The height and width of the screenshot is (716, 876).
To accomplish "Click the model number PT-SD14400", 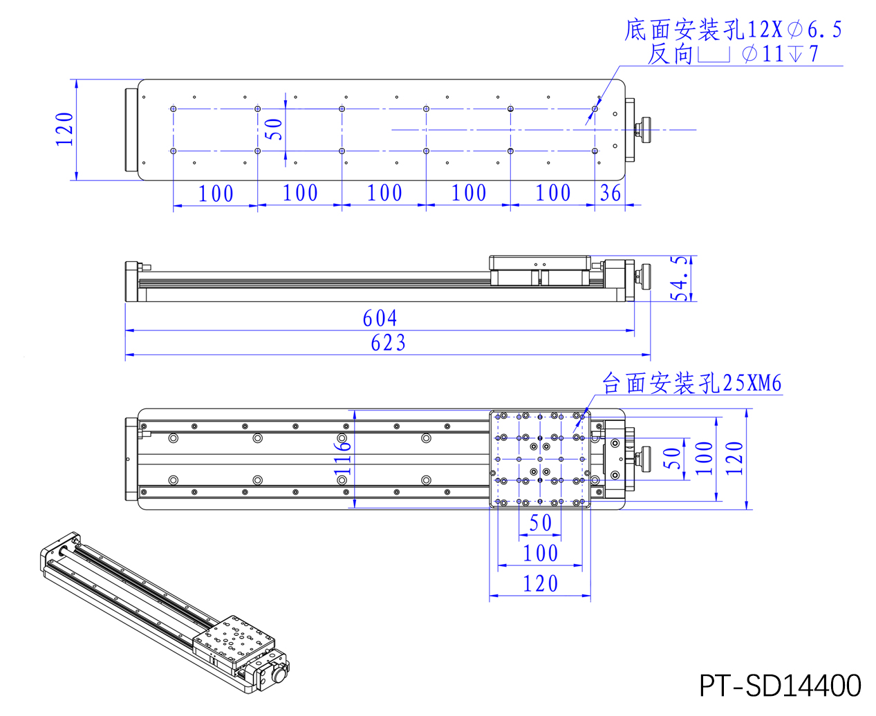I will click(x=780, y=686).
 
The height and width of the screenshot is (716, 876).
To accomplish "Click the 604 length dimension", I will click(x=380, y=318).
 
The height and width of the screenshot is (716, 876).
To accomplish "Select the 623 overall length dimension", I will click(x=388, y=343).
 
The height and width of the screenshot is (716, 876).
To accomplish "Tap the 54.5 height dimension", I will click(x=682, y=279).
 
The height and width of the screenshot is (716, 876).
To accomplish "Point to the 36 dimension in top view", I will click(x=611, y=193).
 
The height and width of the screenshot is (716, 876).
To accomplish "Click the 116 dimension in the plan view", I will click(x=343, y=458).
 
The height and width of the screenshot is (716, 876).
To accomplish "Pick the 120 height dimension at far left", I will click(x=64, y=129).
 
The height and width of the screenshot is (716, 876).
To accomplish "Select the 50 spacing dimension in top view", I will click(x=274, y=129).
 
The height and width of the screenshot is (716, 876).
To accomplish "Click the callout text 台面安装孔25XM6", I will click(x=691, y=383).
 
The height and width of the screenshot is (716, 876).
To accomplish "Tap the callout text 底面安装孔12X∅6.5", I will click(x=733, y=30).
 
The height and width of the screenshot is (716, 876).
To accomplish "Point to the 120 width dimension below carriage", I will click(x=540, y=584).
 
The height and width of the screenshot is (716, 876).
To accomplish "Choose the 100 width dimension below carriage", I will click(x=540, y=554).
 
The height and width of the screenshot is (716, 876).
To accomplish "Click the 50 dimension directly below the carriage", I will click(x=541, y=523).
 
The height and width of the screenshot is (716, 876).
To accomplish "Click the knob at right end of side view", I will click(x=644, y=276).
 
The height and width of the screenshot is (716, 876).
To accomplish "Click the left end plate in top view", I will click(x=131, y=129).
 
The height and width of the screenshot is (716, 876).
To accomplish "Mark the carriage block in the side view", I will click(x=540, y=270).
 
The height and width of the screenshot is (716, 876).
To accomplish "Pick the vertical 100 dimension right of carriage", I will click(x=703, y=458).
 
